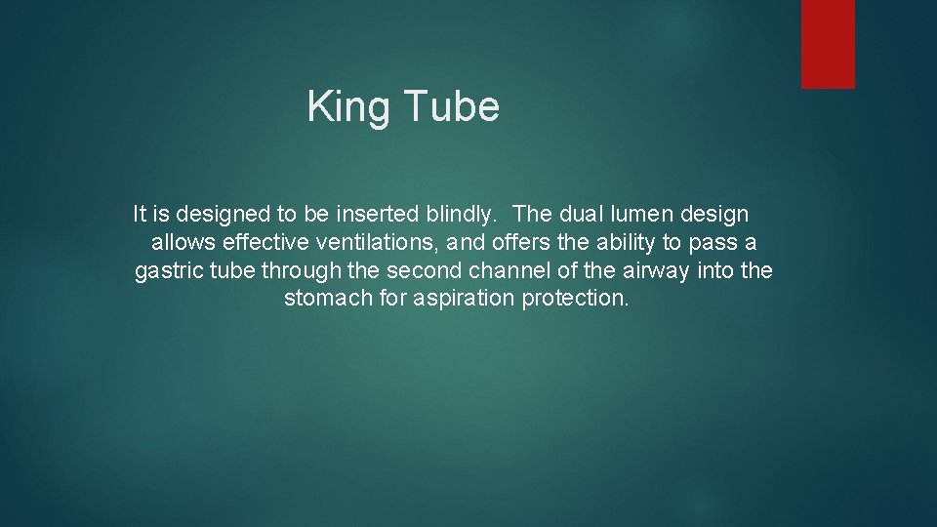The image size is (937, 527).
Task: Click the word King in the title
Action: pyautogui.click(x=349, y=106)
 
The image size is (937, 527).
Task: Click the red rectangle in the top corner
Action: pyautogui.click(x=828, y=44)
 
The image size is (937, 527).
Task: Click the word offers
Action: pyautogui.click(x=523, y=242)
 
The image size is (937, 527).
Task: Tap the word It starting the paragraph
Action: pyautogui.click(x=140, y=214)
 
